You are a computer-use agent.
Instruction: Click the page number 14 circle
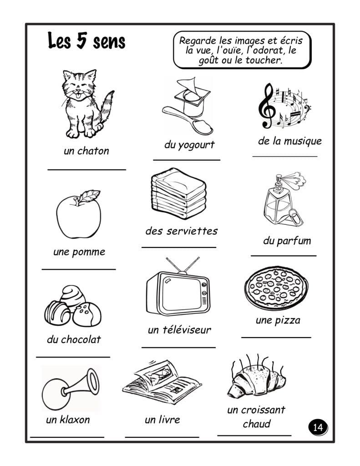(x=318, y=427)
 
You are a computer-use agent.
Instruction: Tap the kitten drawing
(x=86, y=104)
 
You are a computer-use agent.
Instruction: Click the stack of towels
(x=179, y=193)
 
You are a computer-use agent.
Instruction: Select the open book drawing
(x=162, y=383)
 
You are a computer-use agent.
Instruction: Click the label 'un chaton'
(x=86, y=151)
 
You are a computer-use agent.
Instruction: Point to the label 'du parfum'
(x=287, y=241)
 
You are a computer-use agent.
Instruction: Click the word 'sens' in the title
(x=109, y=42)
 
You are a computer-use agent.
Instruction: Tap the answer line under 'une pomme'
(x=79, y=269)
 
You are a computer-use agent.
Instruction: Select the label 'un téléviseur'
(x=179, y=329)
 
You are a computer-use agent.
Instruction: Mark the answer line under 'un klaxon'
(x=67, y=437)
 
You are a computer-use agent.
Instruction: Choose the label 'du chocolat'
(x=74, y=339)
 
